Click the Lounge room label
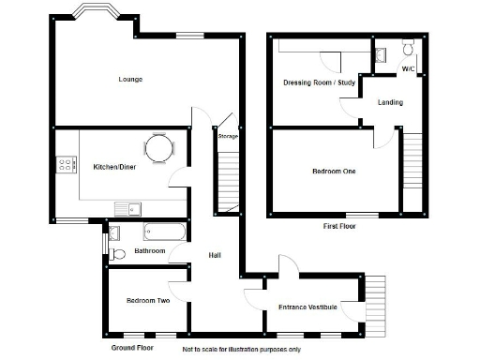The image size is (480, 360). pyautogui.click(x=130, y=79)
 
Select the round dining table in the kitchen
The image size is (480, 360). pyautogui.click(x=159, y=148)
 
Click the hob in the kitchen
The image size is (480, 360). pyautogui.click(x=67, y=165)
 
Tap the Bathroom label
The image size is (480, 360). pyautogui.click(x=149, y=251)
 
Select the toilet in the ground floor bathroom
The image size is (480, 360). pyautogui.click(x=116, y=253)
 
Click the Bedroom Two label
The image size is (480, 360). pyautogui.click(x=147, y=301)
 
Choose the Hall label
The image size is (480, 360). pyautogui.click(x=214, y=256)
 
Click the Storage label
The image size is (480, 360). pyautogui.click(x=228, y=137)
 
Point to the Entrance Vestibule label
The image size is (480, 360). pyautogui.click(x=307, y=307)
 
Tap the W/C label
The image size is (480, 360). pyautogui.click(x=408, y=69)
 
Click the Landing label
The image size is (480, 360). pyautogui.click(x=391, y=102)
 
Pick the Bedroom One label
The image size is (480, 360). pyautogui.click(x=335, y=172)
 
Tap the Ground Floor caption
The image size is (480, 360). pyautogui.click(x=132, y=348)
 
